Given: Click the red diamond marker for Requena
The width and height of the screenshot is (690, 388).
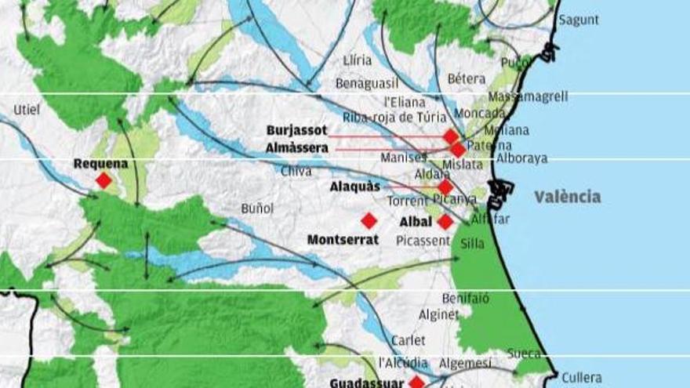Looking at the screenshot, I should [103, 181].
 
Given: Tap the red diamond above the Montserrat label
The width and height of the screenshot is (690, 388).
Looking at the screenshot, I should [369, 221].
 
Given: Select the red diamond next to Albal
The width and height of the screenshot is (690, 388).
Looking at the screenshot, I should [445, 222].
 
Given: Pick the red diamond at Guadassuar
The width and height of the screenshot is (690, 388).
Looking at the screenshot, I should [416, 383].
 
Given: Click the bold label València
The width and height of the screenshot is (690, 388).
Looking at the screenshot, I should [568, 197].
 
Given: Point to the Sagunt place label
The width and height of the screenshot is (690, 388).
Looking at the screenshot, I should [579, 20].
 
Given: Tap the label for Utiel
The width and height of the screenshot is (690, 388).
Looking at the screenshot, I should [27, 110].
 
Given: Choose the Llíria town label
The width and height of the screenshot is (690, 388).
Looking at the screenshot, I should [358, 60].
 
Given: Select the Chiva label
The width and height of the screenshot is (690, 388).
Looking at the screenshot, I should [296, 170].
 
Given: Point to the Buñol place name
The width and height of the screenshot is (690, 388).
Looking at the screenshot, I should [257, 209].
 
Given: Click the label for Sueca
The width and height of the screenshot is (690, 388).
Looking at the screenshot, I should [524, 354].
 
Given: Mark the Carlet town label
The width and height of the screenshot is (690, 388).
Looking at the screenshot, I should [409, 340].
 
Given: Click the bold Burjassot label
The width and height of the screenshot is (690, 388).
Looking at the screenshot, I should [296, 130].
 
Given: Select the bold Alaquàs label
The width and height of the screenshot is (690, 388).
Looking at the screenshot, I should [354, 187].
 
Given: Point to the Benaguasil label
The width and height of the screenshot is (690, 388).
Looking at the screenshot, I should [368, 83].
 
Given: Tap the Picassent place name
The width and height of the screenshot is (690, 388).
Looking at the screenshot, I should [423, 241].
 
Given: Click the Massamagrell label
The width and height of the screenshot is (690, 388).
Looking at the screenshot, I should [528, 97].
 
